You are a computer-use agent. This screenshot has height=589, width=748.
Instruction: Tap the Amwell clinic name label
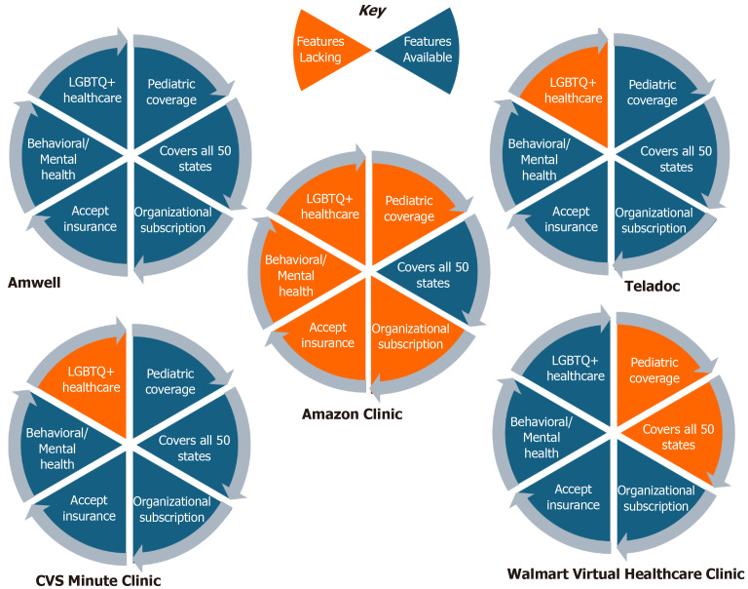pyautogui.click(x=36, y=283)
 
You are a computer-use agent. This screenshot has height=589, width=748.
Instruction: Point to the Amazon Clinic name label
pyautogui.click(x=352, y=414)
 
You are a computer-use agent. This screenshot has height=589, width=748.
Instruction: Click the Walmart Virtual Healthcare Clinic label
pyautogui.click(x=626, y=572)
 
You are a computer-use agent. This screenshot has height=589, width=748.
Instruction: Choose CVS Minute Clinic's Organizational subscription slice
pyautogui.click(x=170, y=510)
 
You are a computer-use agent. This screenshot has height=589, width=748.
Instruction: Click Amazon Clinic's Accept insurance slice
pyautogui.click(x=328, y=336)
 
